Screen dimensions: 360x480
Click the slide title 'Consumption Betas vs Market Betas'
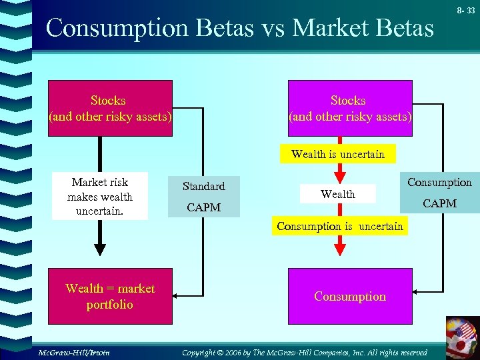click(240, 28)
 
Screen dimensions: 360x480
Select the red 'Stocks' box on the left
click(109, 109)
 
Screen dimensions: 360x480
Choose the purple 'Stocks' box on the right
click(349, 109)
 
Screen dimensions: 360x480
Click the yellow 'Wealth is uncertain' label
click(337, 154)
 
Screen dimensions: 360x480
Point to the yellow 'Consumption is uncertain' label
click(339, 226)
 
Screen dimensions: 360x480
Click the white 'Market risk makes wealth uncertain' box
click(100, 197)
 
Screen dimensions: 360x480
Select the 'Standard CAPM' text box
click(204, 197)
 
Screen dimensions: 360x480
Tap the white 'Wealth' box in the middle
click(338, 194)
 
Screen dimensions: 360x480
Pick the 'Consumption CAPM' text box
click(439, 192)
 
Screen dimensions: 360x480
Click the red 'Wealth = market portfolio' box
click(110, 297)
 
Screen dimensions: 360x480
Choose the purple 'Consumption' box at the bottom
click(350, 297)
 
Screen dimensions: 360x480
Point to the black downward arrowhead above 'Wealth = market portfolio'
click(99, 249)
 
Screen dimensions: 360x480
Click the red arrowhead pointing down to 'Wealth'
click(339, 176)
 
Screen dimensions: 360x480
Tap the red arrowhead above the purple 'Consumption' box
click(339, 248)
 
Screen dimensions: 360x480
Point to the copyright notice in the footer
click(305, 352)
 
